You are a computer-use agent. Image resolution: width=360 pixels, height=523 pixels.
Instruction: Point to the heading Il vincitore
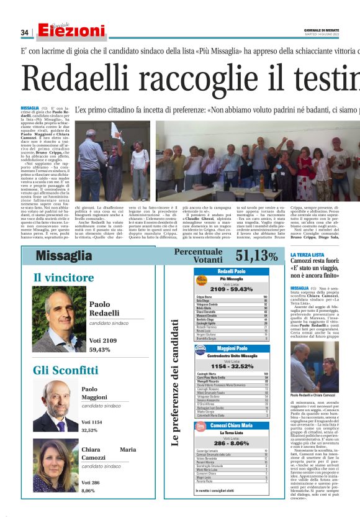click(64, 277)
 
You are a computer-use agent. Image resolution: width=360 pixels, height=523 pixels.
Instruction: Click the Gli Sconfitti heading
click(65, 371)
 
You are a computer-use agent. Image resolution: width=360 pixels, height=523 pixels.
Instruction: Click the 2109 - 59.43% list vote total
click(232, 289)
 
